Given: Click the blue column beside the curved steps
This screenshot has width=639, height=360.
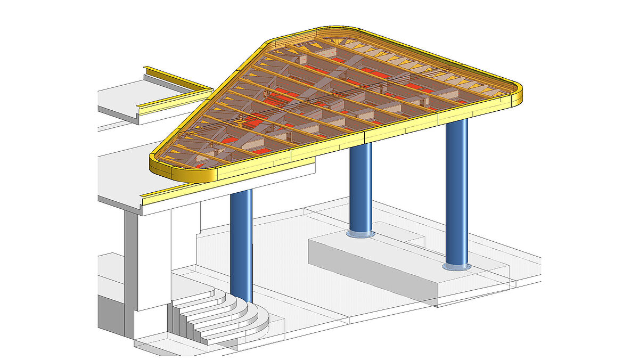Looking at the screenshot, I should [x=241, y=245].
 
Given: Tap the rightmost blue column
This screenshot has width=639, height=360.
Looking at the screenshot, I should [x=456, y=192].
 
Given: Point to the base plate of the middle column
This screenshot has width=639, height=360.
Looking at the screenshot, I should [x=361, y=234].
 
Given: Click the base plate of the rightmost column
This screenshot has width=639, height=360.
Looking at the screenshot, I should [x=457, y=266].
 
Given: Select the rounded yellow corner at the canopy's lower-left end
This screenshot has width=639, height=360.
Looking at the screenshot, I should [x=160, y=168].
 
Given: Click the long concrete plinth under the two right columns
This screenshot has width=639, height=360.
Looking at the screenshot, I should [x=405, y=266].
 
